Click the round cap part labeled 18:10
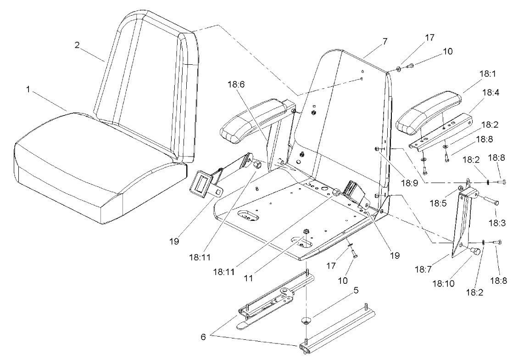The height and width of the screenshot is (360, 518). (x=475, y=252)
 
